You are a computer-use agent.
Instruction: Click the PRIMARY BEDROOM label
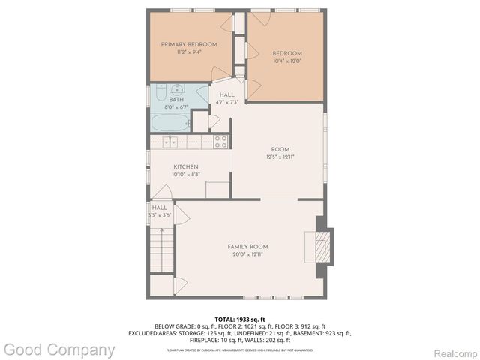189,44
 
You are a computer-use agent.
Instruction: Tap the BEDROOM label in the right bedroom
286,53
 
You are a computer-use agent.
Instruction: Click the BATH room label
176,100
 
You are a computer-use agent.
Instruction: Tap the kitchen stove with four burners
220,141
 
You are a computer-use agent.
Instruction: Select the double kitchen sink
170,141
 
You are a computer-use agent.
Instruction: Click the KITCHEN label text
186,166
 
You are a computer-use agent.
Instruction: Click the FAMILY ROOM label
247,247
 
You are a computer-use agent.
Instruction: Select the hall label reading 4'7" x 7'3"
226,103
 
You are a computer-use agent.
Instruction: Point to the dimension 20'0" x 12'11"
247,254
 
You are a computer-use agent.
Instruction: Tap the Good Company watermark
58,349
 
